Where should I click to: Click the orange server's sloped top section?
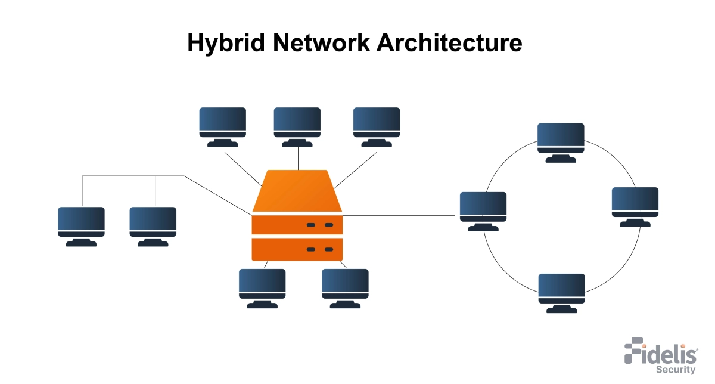297,191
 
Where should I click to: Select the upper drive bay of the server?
297,225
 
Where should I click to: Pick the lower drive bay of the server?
297,249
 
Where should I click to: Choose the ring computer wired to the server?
483,208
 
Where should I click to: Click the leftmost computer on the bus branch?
81,223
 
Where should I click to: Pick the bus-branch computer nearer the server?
153,223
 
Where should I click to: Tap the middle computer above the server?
297,123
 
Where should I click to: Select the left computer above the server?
222,123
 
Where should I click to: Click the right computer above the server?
377,123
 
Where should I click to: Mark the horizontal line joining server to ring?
399,215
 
